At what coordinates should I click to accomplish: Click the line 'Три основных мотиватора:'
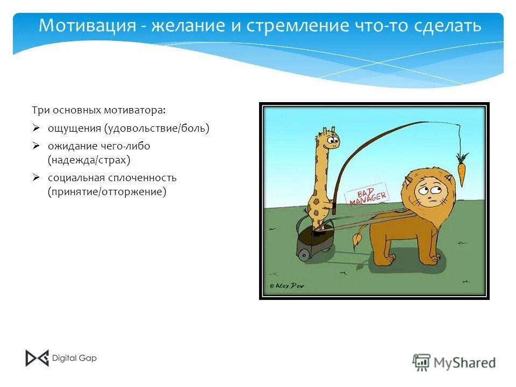(99, 110)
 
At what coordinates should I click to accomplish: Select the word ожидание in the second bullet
(73, 146)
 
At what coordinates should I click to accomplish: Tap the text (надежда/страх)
(89, 160)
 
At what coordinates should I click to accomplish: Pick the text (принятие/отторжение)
(107, 191)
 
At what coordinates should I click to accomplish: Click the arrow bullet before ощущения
(36, 128)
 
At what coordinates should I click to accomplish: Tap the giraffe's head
(329, 140)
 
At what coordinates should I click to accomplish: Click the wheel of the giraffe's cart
(304, 254)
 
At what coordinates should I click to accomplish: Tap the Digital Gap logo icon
(37, 358)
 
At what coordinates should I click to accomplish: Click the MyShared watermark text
(464, 362)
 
